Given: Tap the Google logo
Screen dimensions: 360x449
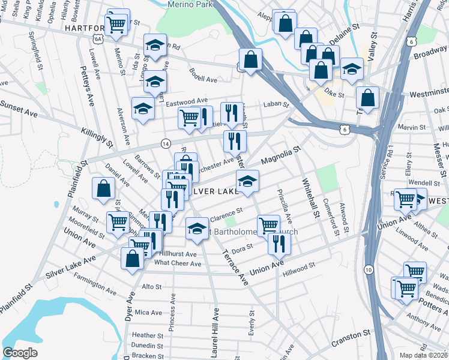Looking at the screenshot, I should pos(20,353).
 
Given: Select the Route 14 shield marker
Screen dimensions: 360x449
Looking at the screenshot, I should pos(165,143).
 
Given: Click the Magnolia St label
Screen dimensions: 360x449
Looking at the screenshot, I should pos(280,157).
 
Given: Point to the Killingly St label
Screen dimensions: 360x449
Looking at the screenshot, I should pos(97,136).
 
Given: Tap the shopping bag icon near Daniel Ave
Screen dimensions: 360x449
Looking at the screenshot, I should pos(104,188).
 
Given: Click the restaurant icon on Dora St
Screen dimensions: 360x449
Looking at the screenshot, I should pos(279,243).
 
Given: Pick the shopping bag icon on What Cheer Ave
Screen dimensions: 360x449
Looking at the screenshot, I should pos(133,258).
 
